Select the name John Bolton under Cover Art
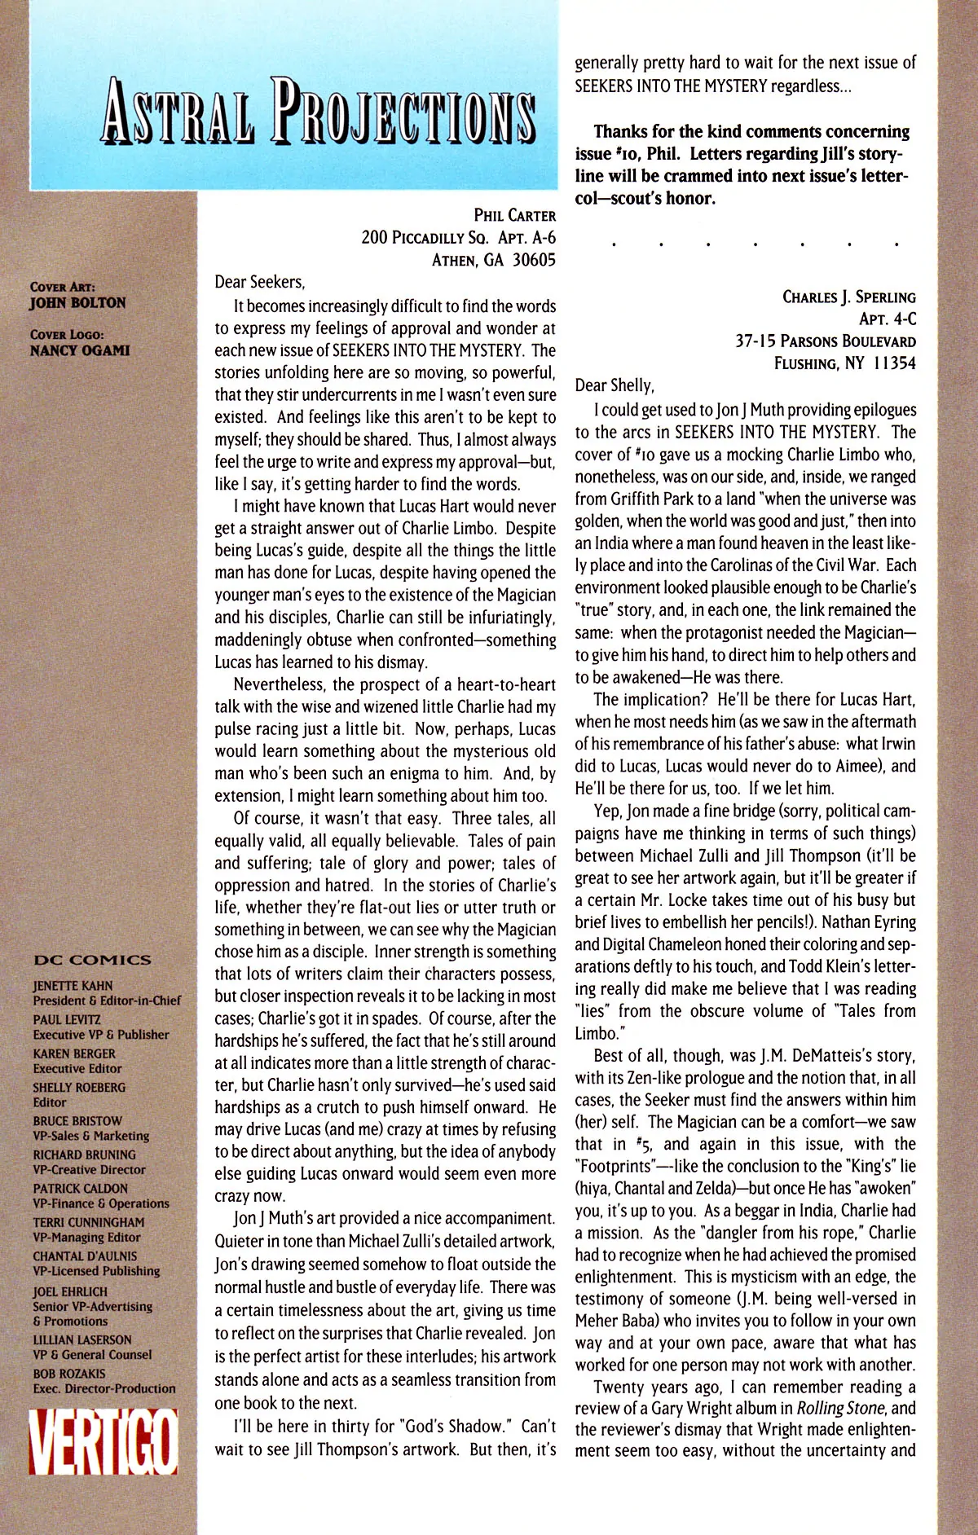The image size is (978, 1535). click(77, 303)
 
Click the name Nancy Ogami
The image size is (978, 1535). click(79, 350)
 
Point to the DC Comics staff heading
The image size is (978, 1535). click(92, 960)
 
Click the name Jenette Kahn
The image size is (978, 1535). click(73, 986)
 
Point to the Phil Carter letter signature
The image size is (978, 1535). click(514, 216)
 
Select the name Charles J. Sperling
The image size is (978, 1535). click(848, 297)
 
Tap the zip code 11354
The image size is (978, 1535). click(893, 363)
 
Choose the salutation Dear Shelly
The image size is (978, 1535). click(614, 385)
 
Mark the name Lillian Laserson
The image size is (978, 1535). click(81, 1339)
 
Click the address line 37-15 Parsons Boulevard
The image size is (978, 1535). click(825, 341)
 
